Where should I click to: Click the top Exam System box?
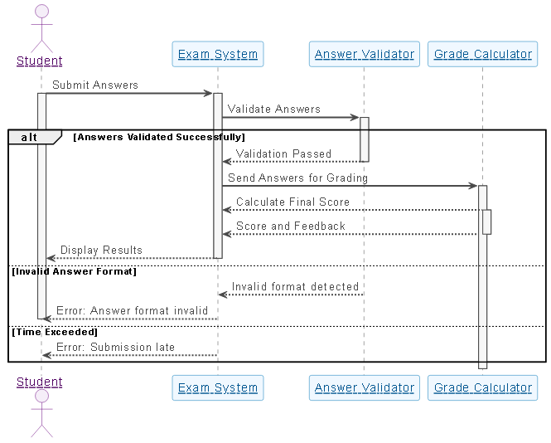click(x=218, y=55)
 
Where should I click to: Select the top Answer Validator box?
click(x=364, y=55)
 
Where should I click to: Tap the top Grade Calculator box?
click(x=482, y=55)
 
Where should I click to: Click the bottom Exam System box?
click(x=218, y=387)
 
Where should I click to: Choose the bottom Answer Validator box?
click(x=364, y=387)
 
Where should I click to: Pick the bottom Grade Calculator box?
click(x=482, y=387)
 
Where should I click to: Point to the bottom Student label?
click(x=40, y=382)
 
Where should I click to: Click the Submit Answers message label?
click(x=95, y=85)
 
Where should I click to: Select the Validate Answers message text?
click(x=273, y=109)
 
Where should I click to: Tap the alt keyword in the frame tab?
click(x=29, y=137)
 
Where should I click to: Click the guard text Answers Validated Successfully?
click(x=159, y=137)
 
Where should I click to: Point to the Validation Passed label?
click(x=283, y=153)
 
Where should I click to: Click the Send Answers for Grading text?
click(x=297, y=178)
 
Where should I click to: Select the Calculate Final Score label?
click(x=292, y=202)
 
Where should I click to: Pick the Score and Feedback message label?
click(x=290, y=226)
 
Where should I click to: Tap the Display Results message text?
click(x=101, y=250)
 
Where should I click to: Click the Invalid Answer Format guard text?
click(x=75, y=271)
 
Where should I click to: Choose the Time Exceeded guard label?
click(x=55, y=332)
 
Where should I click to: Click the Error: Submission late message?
click(x=115, y=347)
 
